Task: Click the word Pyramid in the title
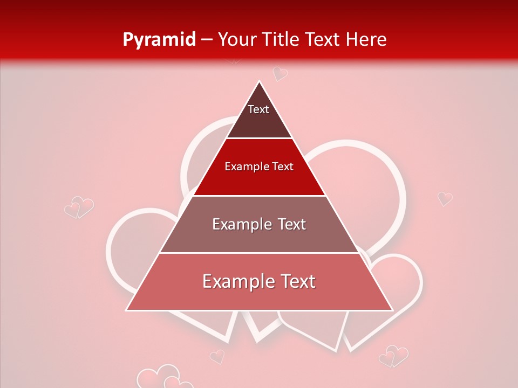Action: (159, 40)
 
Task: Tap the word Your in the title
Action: (238, 39)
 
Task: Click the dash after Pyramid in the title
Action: (207, 40)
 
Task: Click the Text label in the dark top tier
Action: (258, 109)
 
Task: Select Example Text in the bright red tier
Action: (259, 167)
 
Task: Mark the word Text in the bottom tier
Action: (296, 281)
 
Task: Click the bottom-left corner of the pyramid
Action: (127, 310)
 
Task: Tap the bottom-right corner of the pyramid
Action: (392, 310)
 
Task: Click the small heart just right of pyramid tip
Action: (280, 73)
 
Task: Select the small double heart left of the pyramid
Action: (79, 207)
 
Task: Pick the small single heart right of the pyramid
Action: (445, 198)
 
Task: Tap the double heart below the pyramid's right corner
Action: (393, 357)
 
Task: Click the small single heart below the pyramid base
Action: (217, 356)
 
